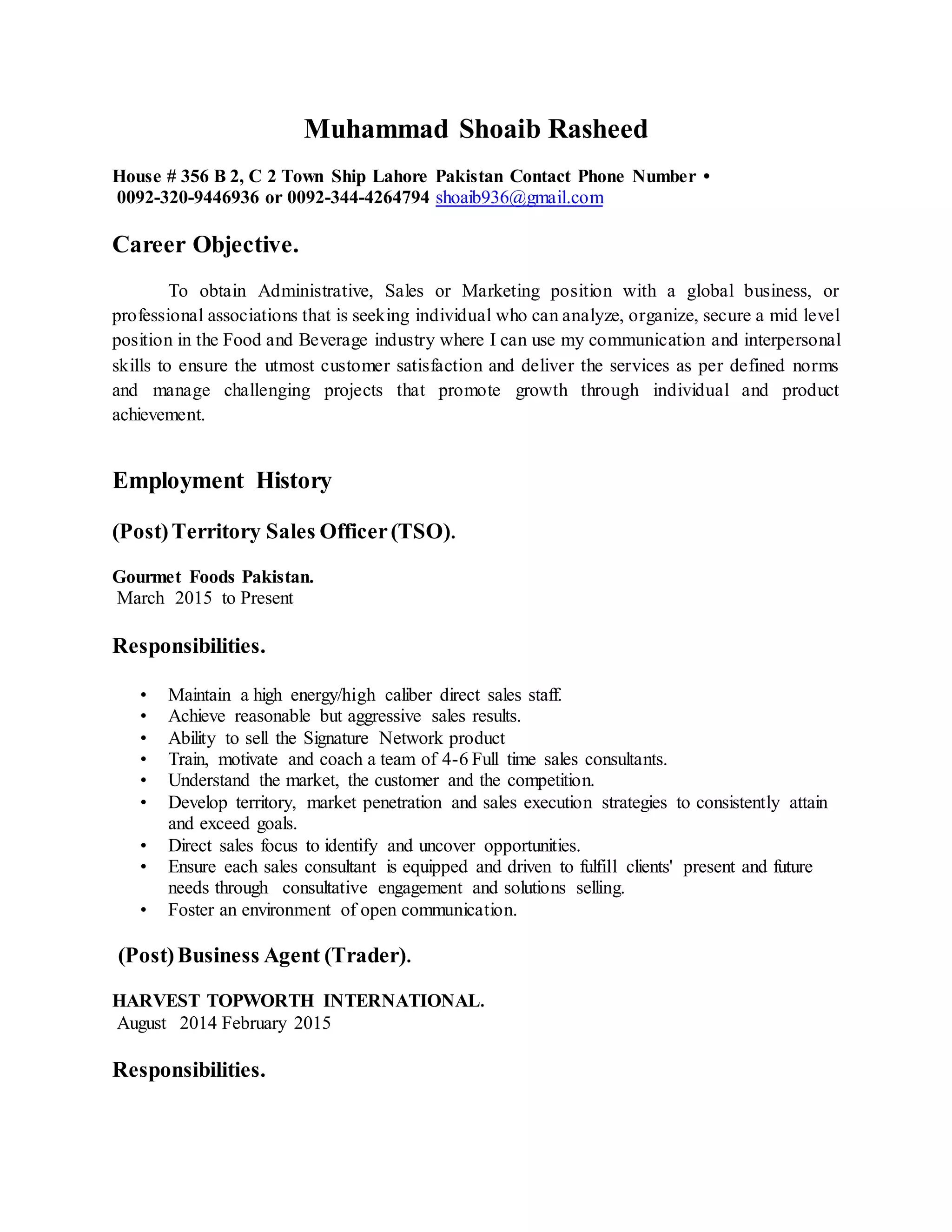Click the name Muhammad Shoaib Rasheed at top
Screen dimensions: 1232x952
click(x=476, y=129)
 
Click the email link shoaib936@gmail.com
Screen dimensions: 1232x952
click(x=519, y=198)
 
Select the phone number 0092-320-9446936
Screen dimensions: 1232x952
click(x=188, y=198)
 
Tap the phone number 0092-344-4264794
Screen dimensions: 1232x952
click(x=358, y=198)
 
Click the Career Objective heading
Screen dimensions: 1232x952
click(x=205, y=245)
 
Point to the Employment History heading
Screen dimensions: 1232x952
click(x=222, y=481)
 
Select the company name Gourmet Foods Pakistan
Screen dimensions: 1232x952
click(x=212, y=576)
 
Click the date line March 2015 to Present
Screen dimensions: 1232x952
click(x=205, y=598)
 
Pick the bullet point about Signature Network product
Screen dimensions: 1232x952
click(x=336, y=738)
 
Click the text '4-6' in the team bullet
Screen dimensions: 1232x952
click(x=455, y=759)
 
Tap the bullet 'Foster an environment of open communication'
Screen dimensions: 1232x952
click(x=342, y=909)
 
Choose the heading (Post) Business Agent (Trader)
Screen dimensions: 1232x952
click(x=264, y=955)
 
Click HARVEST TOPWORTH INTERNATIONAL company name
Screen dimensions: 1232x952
click(x=298, y=1001)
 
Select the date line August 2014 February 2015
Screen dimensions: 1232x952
click(x=223, y=1023)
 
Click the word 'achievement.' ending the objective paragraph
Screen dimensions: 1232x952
click(x=158, y=415)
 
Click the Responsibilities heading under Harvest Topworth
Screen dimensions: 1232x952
click(x=188, y=1070)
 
